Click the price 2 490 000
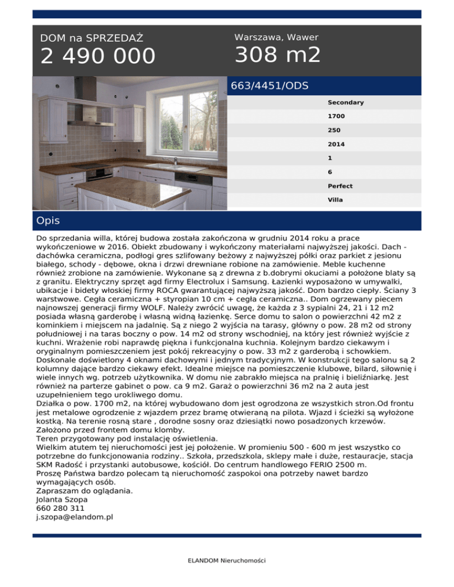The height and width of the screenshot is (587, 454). tap(98, 57)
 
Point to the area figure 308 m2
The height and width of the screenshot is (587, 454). tap(277, 56)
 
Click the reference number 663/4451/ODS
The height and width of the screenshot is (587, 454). tap(270, 85)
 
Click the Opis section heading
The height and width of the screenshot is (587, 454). tap(48, 221)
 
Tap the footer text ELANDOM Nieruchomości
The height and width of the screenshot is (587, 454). tap(226, 560)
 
